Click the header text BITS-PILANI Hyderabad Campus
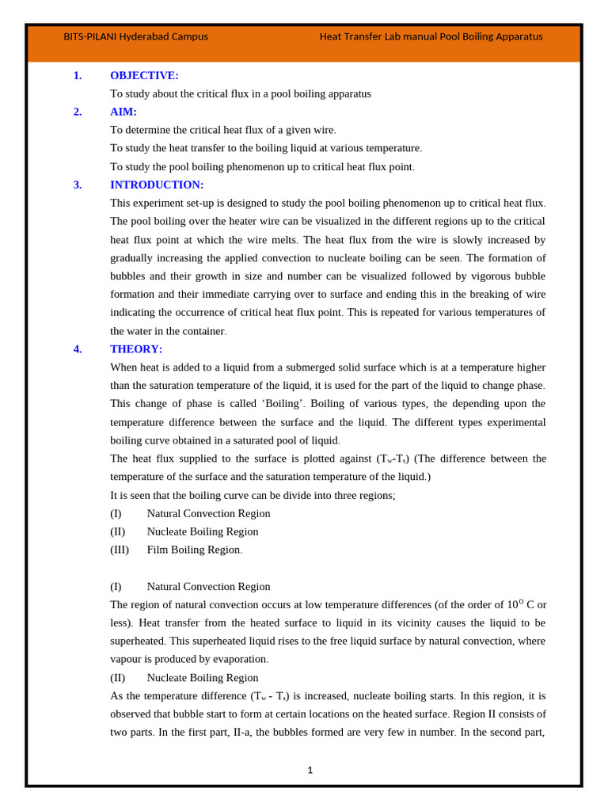tap(135, 36)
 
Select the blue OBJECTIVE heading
tap(144, 75)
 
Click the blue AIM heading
tap(123, 112)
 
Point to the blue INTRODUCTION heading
tap(157, 185)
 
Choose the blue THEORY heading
tap(136, 348)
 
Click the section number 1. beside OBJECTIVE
tap(78, 75)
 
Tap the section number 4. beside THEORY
tap(78, 348)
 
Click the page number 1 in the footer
tap(310, 770)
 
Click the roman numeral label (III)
tap(120, 550)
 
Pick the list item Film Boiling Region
tap(194, 550)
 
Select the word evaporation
tap(235, 659)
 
